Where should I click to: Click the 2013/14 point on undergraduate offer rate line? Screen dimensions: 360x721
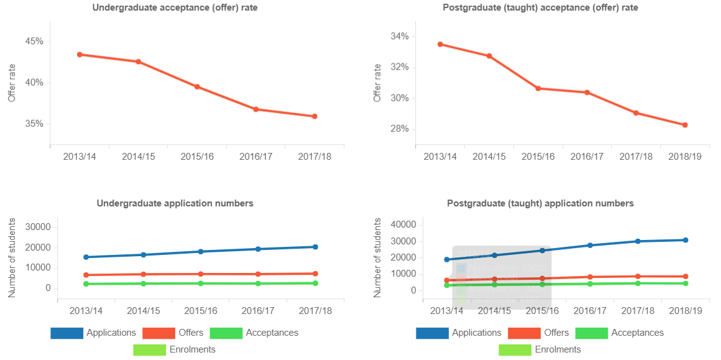pyautogui.click(x=80, y=55)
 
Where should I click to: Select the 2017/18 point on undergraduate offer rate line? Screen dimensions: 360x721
pyautogui.click(x=315, y=116)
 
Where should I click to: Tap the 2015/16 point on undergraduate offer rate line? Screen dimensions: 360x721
pyautogui.click(x=197, y=87)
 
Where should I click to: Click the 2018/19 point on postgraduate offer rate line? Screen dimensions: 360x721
pyautogui.click(x=685, y=125)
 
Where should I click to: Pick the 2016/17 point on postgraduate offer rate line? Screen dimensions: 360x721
pyautogui.click(x=587, y=93)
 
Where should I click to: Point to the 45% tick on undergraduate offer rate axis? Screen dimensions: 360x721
pyautogui.click(x=34, y=42)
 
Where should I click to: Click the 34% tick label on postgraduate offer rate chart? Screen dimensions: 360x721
pyautogui.click(x=400, y=37)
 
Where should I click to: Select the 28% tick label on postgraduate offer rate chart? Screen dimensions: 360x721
pyautogui.click(x=400, y=129)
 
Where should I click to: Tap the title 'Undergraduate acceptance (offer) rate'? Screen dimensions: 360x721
pyautogui.click(x=175, y=8)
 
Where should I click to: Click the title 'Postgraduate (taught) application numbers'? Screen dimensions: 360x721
pyautogui.click(x=540, y=203)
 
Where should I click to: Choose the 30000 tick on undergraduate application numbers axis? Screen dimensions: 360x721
pyautogui.click(x=35, y=227)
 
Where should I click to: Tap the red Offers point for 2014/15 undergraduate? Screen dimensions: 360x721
pyautogui.click(x=143, y=274)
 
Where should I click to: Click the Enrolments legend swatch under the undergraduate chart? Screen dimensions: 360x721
pyautogui.click(x=149, y=349)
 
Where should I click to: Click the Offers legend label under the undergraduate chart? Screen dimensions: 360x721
pyautogui.click(x=190, y=333)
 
